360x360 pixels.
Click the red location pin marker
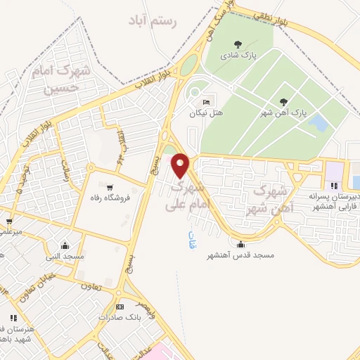pyautogui.click(x=181, y=165)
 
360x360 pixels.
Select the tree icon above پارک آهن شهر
pyautogui.click(x=283, y=102)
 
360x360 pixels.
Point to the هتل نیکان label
pyautogui.click(x=206, y=112)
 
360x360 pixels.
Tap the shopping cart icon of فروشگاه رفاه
pyautogui.click(x=110, y=187)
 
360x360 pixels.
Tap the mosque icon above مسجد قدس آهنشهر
pyautogui.click(x=242, y=245)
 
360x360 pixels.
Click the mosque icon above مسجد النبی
pyautogui.click(x=65, y=245)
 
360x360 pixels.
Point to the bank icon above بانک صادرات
pyautogui.click(x=119, y=307)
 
